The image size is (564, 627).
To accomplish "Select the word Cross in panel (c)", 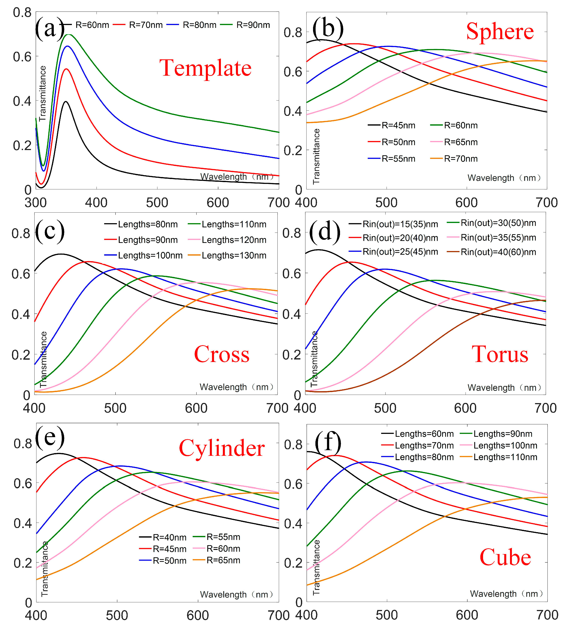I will click(222, 354).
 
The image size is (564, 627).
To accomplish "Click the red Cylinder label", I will click(222, 448).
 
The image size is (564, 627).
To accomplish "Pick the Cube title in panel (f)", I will click(505, 558).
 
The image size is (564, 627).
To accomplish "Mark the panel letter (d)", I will click(325, 232).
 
